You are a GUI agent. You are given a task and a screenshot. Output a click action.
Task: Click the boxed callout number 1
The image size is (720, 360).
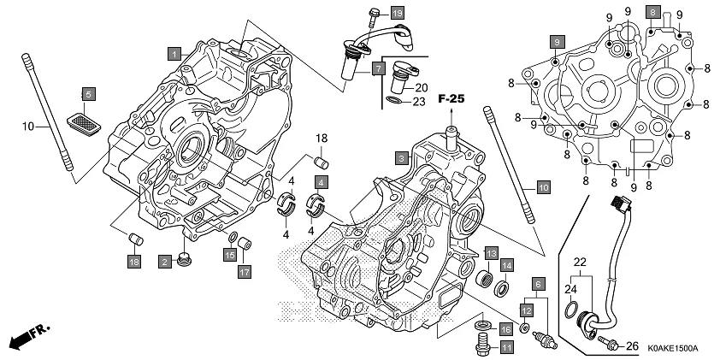(x=174, y=53)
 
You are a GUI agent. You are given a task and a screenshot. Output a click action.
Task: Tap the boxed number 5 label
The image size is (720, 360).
(x=87, y=93)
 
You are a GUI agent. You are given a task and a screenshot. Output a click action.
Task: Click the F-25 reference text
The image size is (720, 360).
(x=451, y=100)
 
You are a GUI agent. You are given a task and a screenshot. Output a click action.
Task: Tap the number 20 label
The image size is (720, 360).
(x=421, y=88)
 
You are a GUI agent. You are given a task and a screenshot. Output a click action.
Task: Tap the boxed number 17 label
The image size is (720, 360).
(x=244, y=272)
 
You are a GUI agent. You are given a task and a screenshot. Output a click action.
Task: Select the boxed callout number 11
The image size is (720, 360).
(x=506, y=347)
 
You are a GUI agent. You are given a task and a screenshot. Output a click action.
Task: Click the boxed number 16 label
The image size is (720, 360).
(x=506, y=330)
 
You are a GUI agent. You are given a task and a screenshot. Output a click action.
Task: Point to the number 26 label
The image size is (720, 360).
(x=632, y=345)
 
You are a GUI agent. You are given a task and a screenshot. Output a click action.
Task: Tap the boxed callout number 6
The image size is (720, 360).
(x=538, y=283)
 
